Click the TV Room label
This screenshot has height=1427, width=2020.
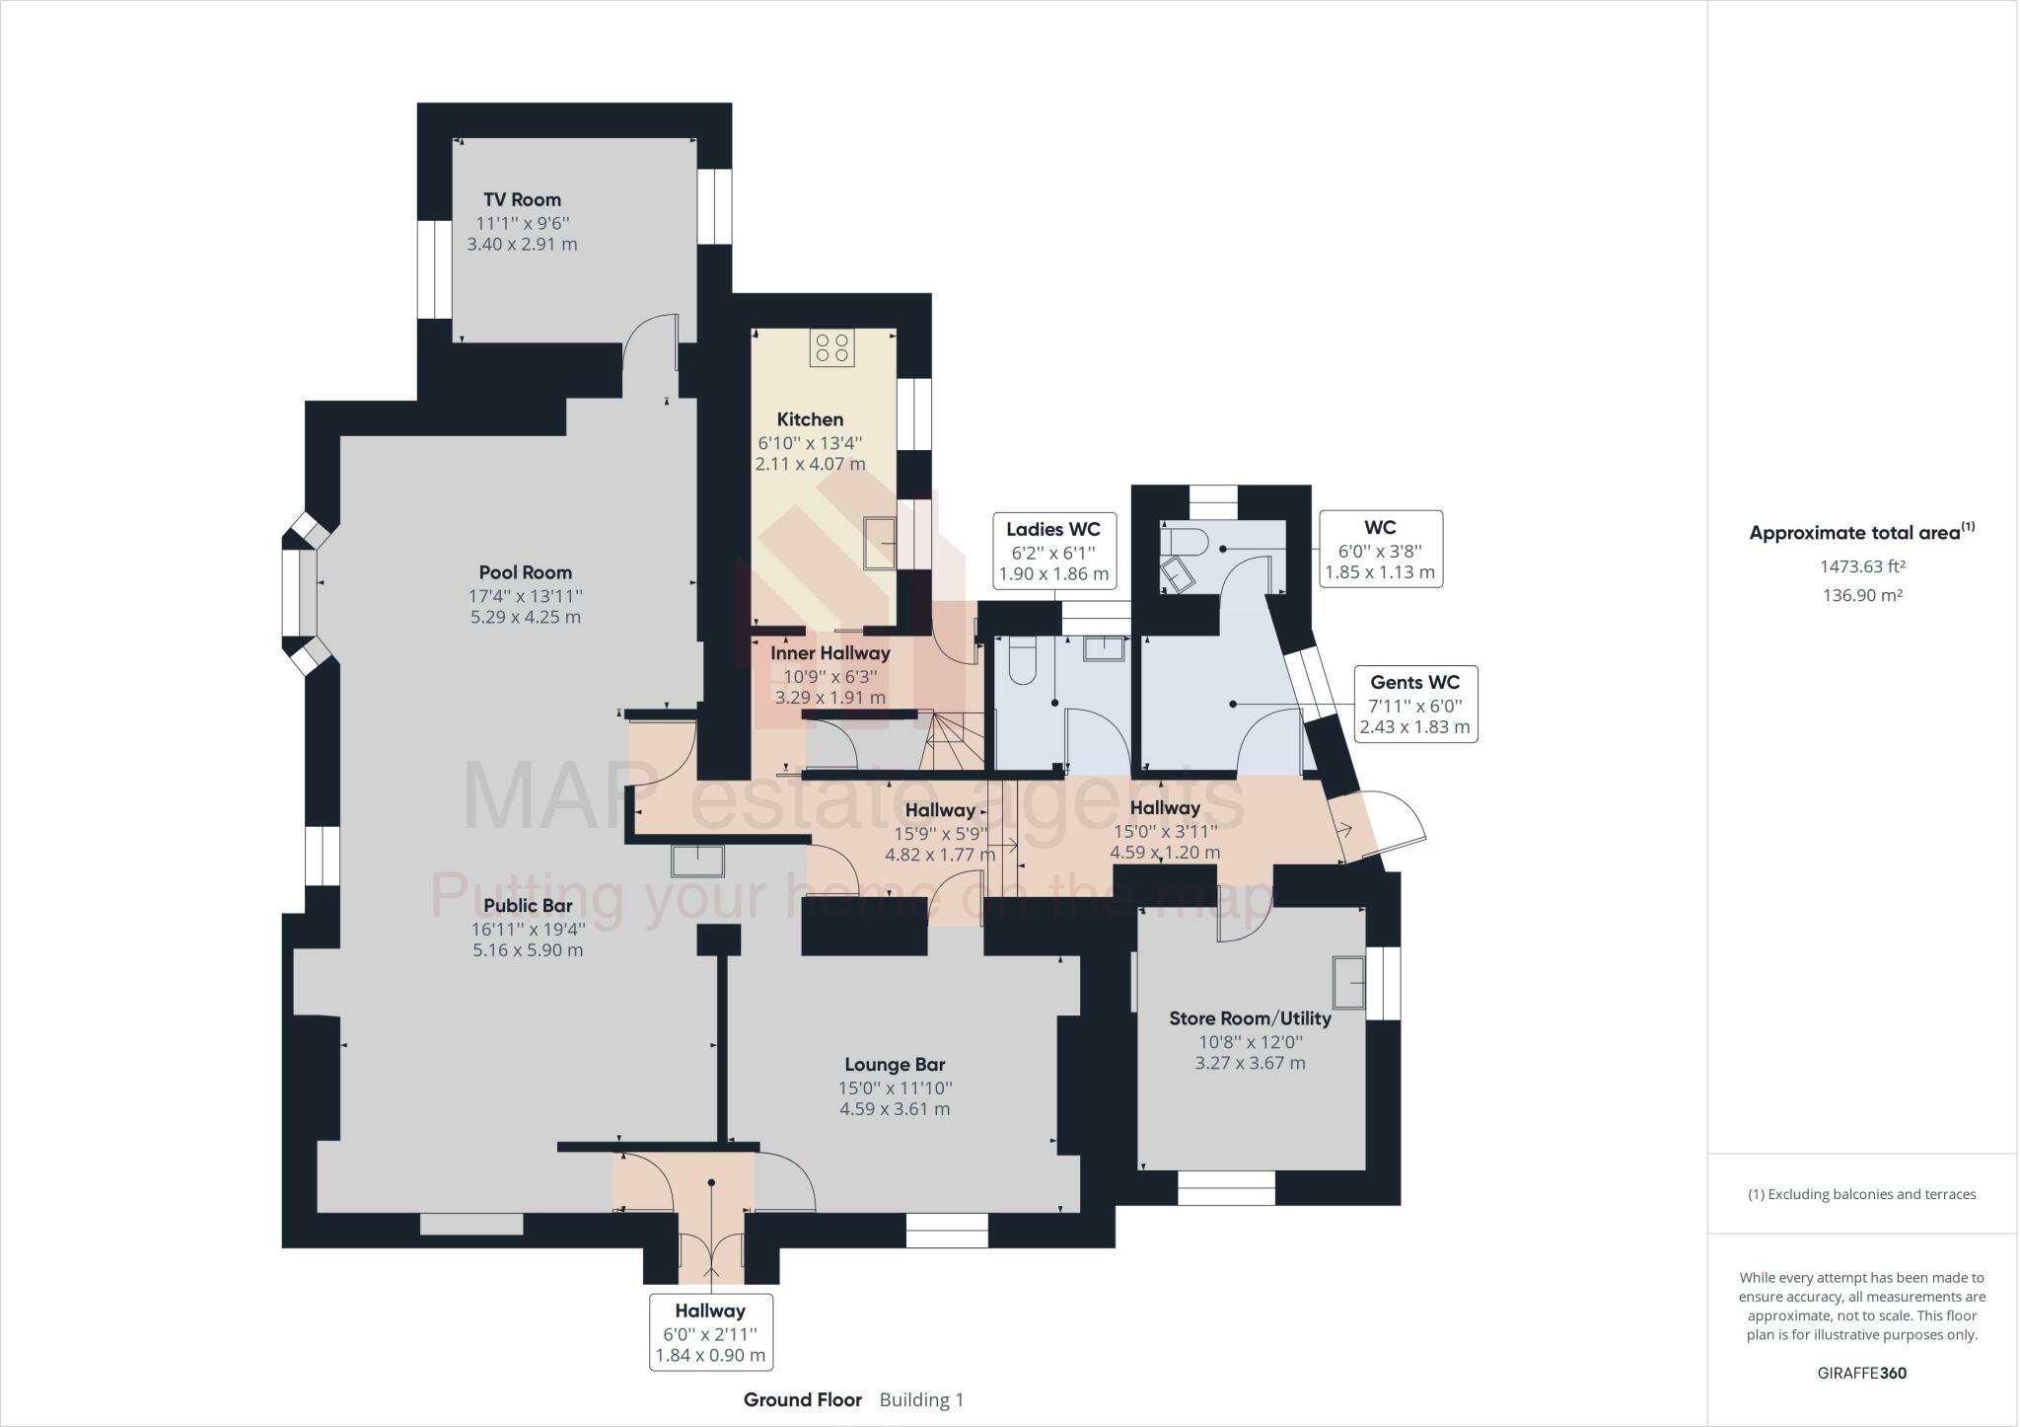(522, 199)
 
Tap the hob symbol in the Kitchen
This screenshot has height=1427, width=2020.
(831, 347)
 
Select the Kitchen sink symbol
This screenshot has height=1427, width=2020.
(880, 542)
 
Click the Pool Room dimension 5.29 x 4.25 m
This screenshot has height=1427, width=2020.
(526, 618)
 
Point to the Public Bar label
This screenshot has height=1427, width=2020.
(528, 906)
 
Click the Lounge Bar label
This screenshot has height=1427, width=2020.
(895, 1065)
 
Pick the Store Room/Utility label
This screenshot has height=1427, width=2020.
(1250, 1018)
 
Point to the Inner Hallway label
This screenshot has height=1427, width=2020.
(830, 653)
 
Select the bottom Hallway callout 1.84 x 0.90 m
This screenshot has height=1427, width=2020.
(710, 1356)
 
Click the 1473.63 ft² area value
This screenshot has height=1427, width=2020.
(1861, 567)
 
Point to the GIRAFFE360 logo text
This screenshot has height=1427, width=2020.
(1861, 1373)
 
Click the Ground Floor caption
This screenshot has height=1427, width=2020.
(802, 1399)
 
